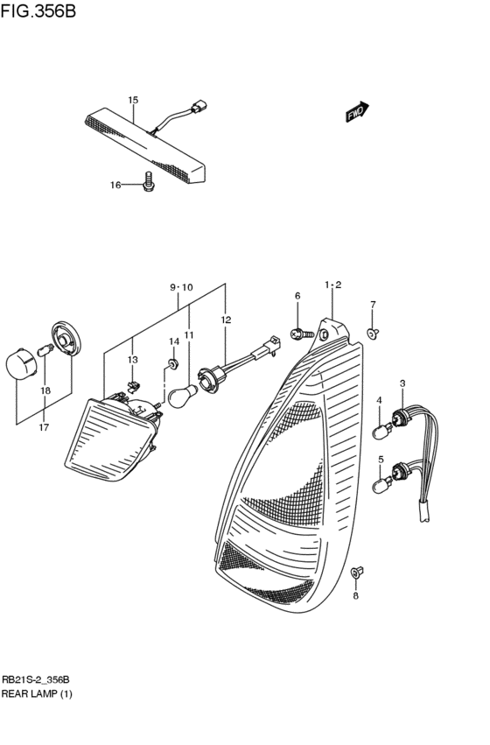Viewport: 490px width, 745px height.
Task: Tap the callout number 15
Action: (133, 100)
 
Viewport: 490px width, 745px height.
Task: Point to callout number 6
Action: (297, 296)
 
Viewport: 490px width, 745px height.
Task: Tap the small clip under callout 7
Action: (373, 332)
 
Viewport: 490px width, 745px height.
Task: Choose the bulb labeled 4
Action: (381, 431)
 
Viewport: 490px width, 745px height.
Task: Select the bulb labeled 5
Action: (382, 483)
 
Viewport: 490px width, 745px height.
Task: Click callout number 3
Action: (402, 383)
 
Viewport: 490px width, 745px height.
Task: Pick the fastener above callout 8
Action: (357, 573)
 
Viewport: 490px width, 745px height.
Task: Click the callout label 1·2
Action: (332, 285)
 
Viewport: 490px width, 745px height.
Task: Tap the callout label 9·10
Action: (180, 288)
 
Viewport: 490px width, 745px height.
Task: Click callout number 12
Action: (226, 320)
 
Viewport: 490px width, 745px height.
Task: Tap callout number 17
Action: (44, 427)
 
